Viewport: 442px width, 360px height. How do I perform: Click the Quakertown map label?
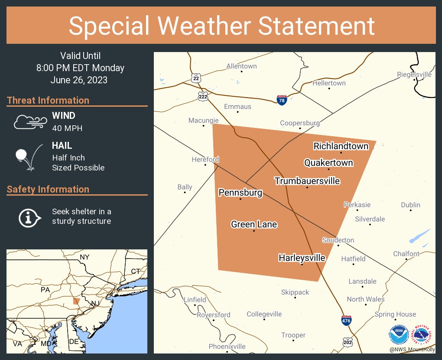(x=328, y=163)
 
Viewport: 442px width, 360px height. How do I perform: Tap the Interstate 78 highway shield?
(x=282, y=100)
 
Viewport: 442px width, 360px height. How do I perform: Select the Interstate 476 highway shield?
(x=346, y=321)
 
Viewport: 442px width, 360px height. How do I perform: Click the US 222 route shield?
(x=202, y=96)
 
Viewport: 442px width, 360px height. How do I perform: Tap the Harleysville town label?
(x=302, y=258)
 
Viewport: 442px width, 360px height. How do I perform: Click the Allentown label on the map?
(x=241, y=66)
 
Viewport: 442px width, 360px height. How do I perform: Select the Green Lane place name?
(x=254, y=224)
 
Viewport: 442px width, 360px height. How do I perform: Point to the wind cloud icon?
(x=29, y=122)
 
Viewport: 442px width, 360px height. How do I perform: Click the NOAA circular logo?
(x=398, y=334)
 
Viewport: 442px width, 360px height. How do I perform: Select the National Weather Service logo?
(x=422, y=334)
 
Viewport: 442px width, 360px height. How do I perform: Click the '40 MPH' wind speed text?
(x=67, y=128)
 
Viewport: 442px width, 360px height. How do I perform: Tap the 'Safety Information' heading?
(x=48, y=189)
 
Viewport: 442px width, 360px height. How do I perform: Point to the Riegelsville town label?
(x=414, y=75)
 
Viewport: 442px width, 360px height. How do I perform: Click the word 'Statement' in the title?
(x=317, y=26)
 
